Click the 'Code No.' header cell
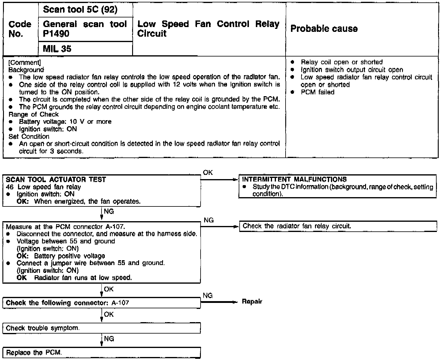point(20,29)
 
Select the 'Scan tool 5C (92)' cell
point(80,10)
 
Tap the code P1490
point(56,34)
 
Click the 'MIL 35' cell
point(57,49)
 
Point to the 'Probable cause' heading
point(324,29)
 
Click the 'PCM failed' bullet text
point(317,92)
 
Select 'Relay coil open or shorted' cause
point(342,62)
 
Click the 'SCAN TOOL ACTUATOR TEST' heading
point(56,180)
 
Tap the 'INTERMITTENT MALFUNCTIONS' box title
point(294,179)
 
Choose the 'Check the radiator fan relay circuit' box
point(338,226)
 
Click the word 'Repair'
point(252,302)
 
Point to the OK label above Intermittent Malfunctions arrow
point(208,172)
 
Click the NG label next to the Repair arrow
point(208,296)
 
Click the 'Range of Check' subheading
point(34,114)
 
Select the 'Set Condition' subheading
point(29,136)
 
